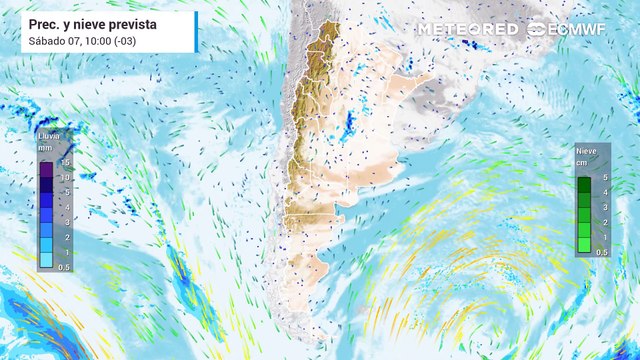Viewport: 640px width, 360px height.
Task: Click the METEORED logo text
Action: pyautogui.click(x=468, y=29)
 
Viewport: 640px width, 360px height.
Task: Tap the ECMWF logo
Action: pyautogui.click(x=571, y=29)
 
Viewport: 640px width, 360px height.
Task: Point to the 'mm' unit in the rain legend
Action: pyautogui.click(x=44, y=147)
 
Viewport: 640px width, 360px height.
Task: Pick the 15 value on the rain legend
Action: pyautogui.click(x=64, y=162)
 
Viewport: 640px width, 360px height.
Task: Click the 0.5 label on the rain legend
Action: pyautogui.click(x=64, y=267)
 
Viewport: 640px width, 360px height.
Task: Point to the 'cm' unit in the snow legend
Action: pyautogui.click(x=582, y=162)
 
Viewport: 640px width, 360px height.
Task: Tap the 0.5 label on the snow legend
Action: pyautogui.click(x=602, y=252)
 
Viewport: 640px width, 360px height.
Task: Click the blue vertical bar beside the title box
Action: pyautogui.click(x=196, y=32)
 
